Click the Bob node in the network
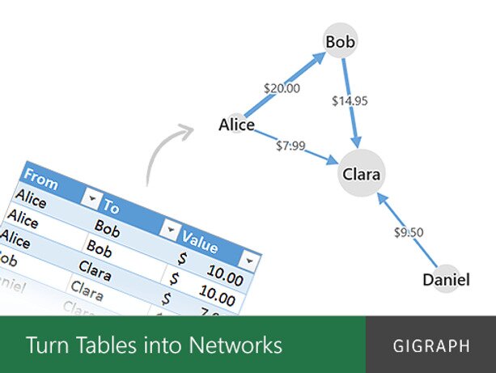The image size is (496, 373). [341, 40]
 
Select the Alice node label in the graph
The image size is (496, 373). [236, 125]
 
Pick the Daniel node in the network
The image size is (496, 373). [446, 280]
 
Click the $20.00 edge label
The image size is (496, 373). [282, 88]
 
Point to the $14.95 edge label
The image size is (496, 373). [350, 101]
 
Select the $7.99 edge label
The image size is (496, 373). [290, 146]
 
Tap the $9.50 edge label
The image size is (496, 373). [409, 232]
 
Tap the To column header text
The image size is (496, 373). [112, 208]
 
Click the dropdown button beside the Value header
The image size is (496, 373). [250, 261]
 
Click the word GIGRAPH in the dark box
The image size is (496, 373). [430, 346]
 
